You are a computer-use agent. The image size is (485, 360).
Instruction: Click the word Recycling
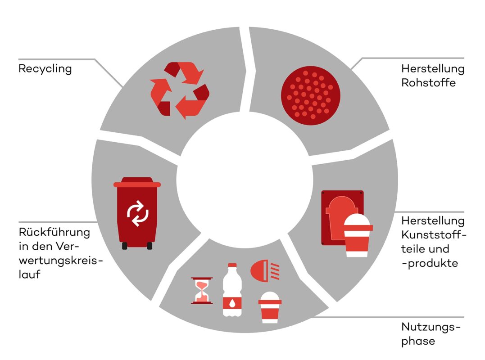(x=45, y=69)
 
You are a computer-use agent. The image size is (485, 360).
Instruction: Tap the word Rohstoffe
(x=428, y=82)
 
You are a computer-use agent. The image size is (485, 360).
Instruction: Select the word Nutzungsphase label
(x=431, y=334)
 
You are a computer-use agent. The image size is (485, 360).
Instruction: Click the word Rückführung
(x=54, y=232)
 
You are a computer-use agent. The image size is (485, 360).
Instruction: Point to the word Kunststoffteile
(x=434, y=242)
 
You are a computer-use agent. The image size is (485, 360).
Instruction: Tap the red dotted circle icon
(x=311, y=95)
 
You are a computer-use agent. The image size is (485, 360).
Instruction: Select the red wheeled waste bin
(x=137, y=213)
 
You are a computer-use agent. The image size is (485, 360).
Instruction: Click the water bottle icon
(x=232, y=290)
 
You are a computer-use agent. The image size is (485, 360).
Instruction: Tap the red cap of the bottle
(x=232, y=265)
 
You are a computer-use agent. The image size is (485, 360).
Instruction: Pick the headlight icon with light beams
(x=265, y=271)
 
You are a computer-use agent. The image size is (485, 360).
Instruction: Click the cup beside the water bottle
(x=270, y=307)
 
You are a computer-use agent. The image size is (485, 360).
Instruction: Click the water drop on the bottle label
(x=232, y=303)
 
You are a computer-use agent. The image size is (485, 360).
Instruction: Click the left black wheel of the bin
(x=125, y=246)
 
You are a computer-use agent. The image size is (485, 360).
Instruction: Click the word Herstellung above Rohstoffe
(x=433, y=68)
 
